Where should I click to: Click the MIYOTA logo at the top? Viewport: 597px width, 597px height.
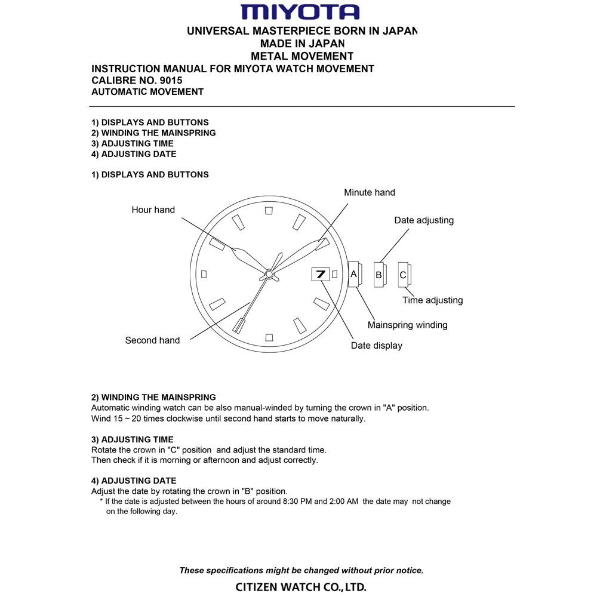point(300,12)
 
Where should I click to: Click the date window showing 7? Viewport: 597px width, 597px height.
point(320,274)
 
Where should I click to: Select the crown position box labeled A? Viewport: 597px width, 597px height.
point(353,274)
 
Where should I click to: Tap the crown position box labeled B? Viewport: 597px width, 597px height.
point(379,275)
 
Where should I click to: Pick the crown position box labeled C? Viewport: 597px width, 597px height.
point(404,275)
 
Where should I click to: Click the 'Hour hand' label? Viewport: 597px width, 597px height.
point(153,210)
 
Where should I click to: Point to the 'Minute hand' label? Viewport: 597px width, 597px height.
point(369,192)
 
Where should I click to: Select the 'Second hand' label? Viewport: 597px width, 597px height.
point(152,340)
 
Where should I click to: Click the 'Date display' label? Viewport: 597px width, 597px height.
point(376,346)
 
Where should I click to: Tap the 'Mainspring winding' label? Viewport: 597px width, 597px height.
point(407,325)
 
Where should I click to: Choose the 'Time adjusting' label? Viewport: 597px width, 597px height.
point(432,300)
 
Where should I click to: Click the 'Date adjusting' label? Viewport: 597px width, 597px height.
point(424,220)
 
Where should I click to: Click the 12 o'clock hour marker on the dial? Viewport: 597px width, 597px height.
point(269,210)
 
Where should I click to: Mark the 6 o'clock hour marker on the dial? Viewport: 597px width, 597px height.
point(269,337)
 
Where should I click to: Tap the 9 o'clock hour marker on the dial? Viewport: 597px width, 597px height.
point(204,274)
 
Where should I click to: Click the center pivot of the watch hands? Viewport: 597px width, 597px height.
point(269,274)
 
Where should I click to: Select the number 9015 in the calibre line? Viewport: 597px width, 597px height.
point(171,80)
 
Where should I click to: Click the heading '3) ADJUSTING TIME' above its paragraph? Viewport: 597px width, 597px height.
point(133,439)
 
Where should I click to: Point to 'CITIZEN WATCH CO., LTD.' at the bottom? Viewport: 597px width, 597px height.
point(301,587)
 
